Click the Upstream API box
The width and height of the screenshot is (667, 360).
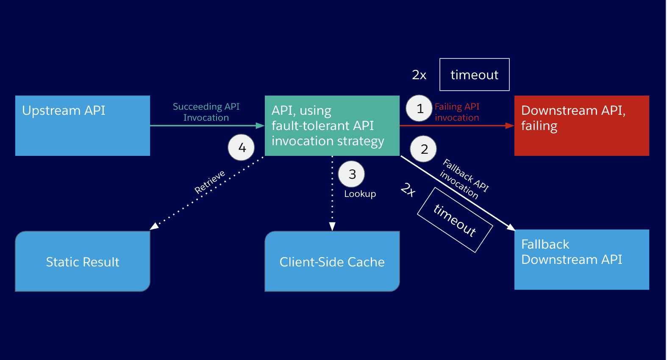(x=83, y=126)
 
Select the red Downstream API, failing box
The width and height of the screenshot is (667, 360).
(x=581, y=126)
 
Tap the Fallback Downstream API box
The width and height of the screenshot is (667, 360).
(x=581, y=260)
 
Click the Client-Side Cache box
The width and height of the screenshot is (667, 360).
(x=332, y=261)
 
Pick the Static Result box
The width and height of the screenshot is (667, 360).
(x=83, y=261)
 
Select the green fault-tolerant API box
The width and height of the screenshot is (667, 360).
(x=332, y=126)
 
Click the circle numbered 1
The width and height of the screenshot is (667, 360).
(x=419, y=108)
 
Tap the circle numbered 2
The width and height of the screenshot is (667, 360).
(x=423, y=149)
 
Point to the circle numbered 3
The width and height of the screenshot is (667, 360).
(x=351, y=174)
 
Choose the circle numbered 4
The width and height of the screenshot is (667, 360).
(x=241, y=148)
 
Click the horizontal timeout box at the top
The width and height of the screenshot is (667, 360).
(x=474, y=75)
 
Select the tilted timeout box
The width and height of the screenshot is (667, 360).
(x=455, y=220)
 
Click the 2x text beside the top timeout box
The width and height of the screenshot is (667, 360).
(x=419, y=75)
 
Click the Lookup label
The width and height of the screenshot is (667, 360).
(x=360, y=194)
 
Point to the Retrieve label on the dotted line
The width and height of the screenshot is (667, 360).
(x=209, y=182)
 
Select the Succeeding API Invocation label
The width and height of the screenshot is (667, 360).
(x=206, y=112)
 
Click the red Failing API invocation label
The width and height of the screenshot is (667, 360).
(x=457, y=112)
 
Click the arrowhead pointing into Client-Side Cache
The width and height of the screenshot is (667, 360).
(x=332, y=227)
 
